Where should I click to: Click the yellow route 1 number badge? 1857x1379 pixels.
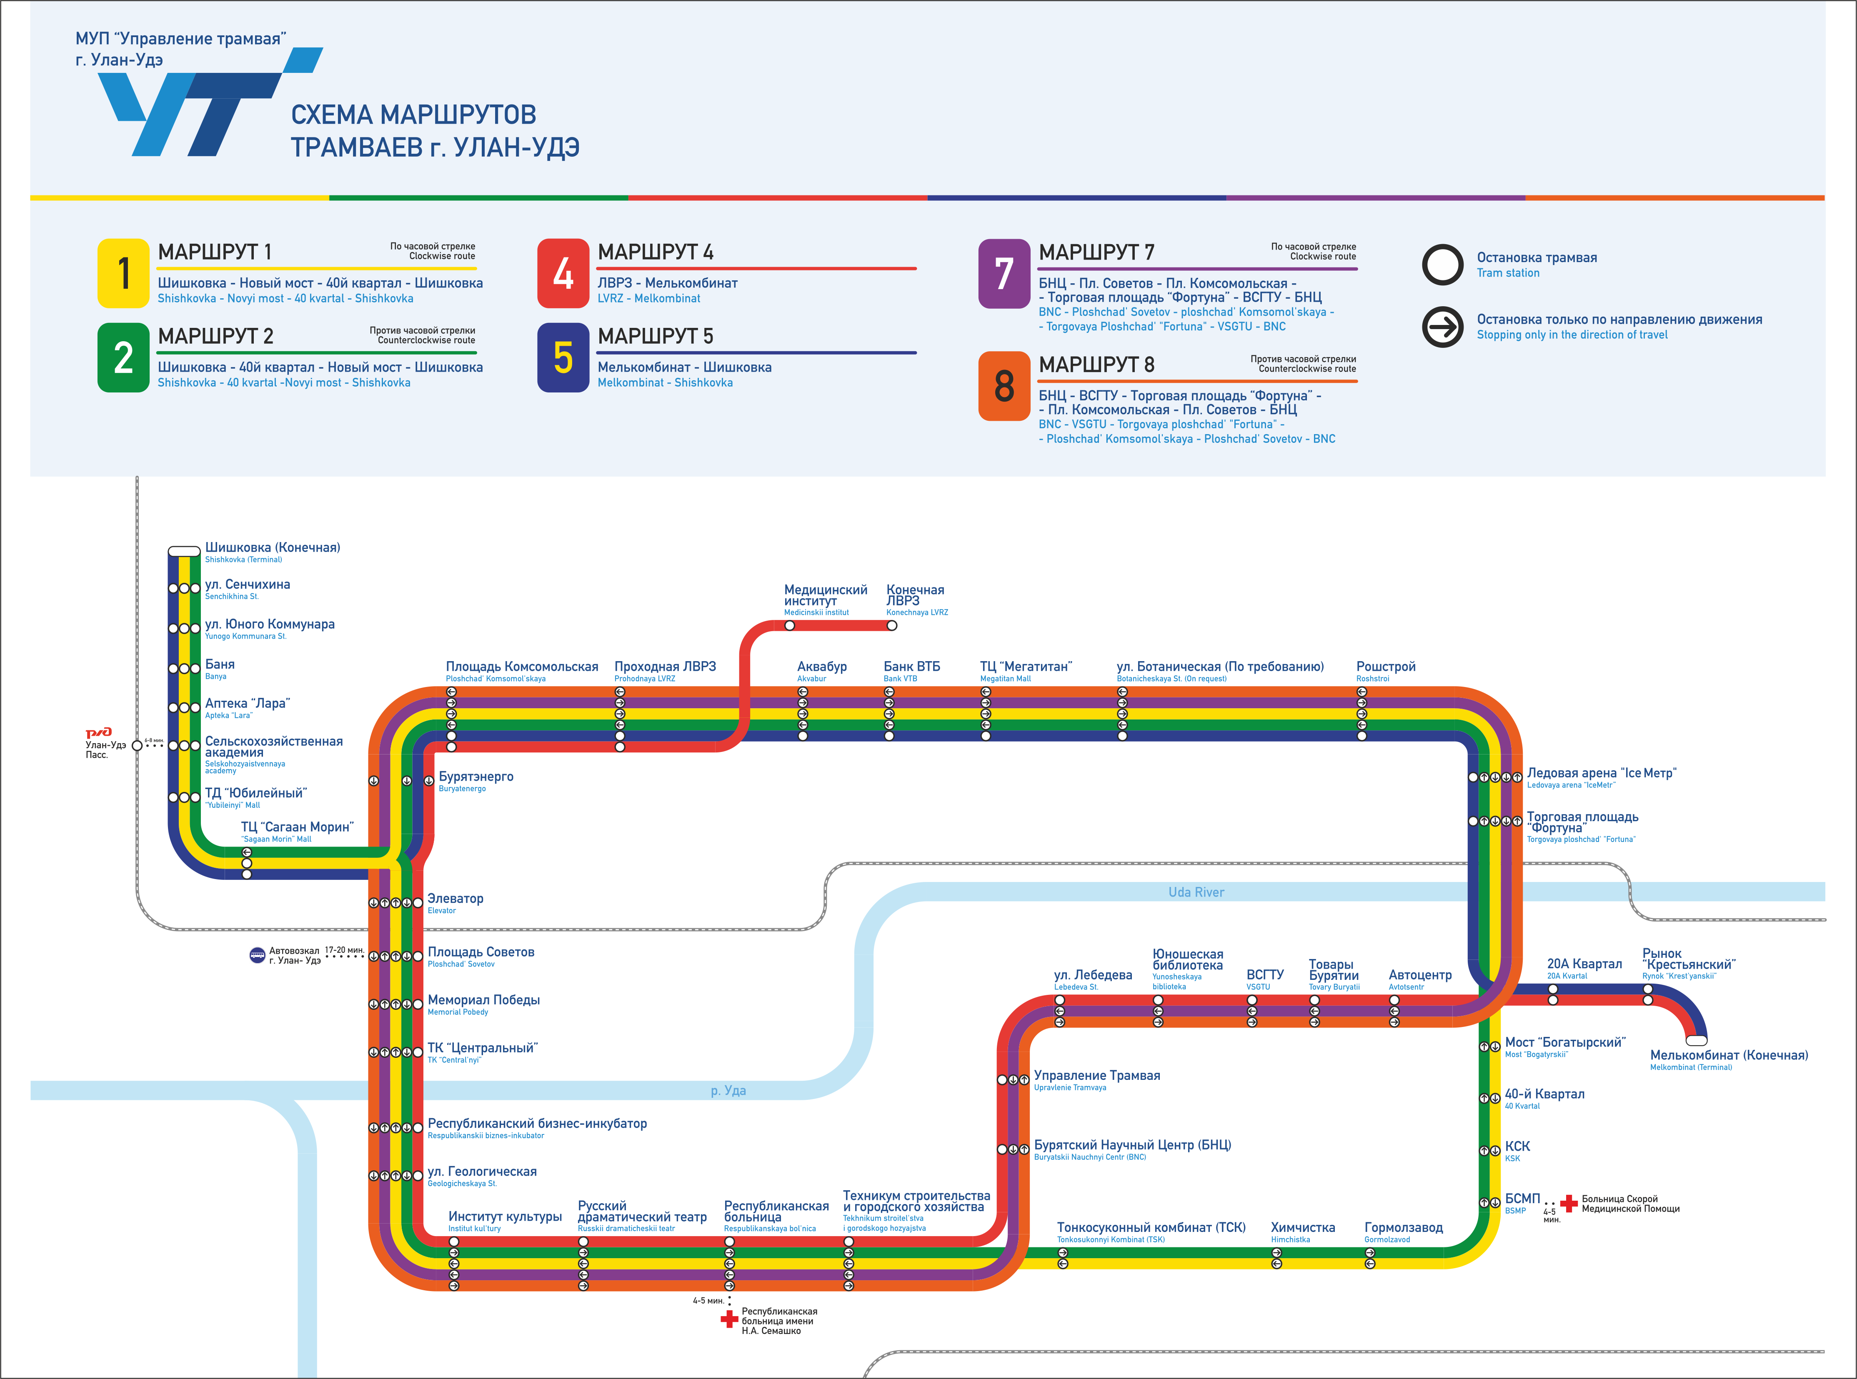tap(124, 274)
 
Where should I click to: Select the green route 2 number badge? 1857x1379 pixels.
tap(124, 357)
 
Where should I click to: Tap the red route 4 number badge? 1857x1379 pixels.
tap(563, 274)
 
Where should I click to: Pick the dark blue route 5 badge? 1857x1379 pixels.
tap(563, 357)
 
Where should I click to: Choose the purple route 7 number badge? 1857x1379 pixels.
tap(1004, 274)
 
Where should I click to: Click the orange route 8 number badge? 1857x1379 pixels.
tap(1004, 386)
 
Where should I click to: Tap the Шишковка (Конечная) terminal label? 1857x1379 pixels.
tap(272, 547)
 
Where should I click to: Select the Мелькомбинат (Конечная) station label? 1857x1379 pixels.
tap(1728, 1055)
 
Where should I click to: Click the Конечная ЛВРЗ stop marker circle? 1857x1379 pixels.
tap(892, 625)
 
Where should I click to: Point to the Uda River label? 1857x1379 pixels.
tap(1196, 892)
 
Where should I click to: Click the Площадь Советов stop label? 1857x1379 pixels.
tap(481, 952)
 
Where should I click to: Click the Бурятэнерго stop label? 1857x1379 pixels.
tap(476, 777)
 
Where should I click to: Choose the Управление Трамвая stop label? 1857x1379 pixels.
tap(1096, 1076)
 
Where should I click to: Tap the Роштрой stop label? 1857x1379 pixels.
tap(1385, 667)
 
